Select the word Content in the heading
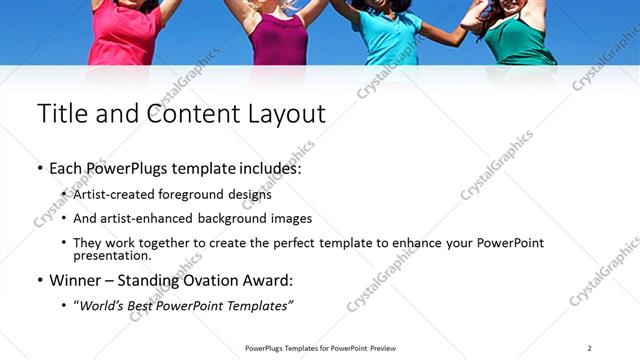[192, 114]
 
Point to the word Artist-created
[109, 194]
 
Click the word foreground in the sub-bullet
[188, 194]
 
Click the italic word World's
[104, 304]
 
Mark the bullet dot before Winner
[40, 281]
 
